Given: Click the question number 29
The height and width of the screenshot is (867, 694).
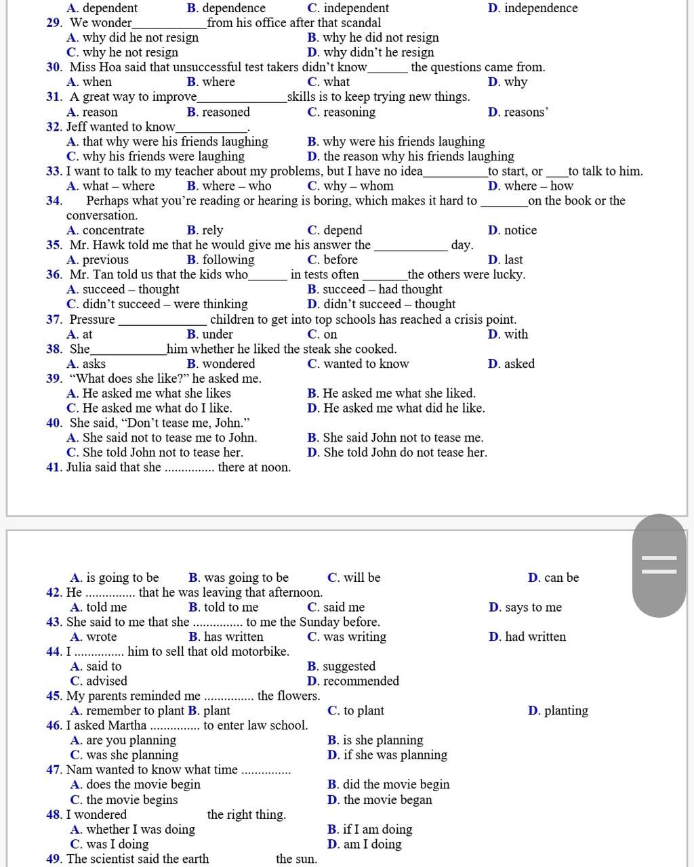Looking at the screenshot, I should (x=54, y=23).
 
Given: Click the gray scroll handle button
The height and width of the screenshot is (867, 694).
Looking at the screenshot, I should (x=659, y=565).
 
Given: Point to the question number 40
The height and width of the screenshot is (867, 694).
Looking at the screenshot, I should (x=54, y=423).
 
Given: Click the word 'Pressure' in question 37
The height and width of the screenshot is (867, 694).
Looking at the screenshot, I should (x=92, y=320).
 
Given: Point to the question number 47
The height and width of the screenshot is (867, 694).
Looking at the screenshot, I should (x=54, y=770).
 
